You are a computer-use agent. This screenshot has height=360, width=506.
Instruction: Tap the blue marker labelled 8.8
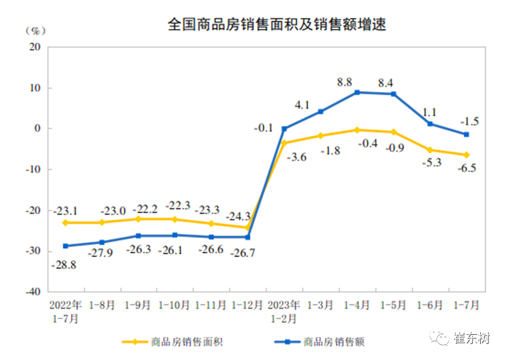[x=357, y=92]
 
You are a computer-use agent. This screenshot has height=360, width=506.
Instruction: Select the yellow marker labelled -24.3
[x=248, y=227]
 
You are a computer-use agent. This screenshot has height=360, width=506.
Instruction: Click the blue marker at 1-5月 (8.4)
[x=394, y=94]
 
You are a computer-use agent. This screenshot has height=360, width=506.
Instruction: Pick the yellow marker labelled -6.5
[x=466, y=155]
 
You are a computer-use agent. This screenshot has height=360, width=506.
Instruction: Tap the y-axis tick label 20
[x=35, y=47]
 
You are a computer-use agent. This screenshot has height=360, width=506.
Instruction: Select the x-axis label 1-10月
[x=175, y=306]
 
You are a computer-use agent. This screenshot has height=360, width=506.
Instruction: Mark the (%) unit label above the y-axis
[x=36, y=30]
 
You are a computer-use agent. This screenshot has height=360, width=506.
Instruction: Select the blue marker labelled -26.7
[x=248, y=237]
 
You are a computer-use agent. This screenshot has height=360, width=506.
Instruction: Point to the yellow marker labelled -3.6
[x=285, y=142]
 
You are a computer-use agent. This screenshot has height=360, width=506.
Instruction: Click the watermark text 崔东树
[x=473, y=338]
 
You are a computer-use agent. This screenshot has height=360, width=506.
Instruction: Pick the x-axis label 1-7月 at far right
[x=466, y=306]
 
